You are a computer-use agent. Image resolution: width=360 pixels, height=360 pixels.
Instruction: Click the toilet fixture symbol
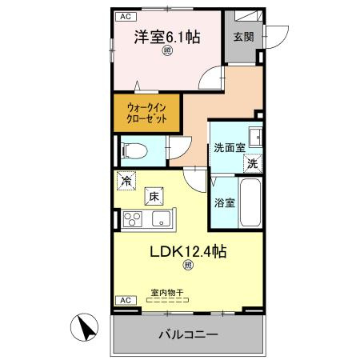(x=133, y=149)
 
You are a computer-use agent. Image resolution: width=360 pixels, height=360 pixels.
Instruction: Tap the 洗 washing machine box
(x=253, y=162)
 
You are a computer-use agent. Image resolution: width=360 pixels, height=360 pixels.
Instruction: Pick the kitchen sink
(x=160, y=218)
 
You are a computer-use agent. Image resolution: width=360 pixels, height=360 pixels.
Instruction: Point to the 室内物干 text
(x=166, y=294)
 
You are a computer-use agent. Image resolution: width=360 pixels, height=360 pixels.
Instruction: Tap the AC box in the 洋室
(x=125, y=16)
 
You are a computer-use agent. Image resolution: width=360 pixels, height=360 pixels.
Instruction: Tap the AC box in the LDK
(x=125, y=300)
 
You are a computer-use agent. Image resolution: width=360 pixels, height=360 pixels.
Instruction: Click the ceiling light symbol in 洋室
(x=167, y=53)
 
